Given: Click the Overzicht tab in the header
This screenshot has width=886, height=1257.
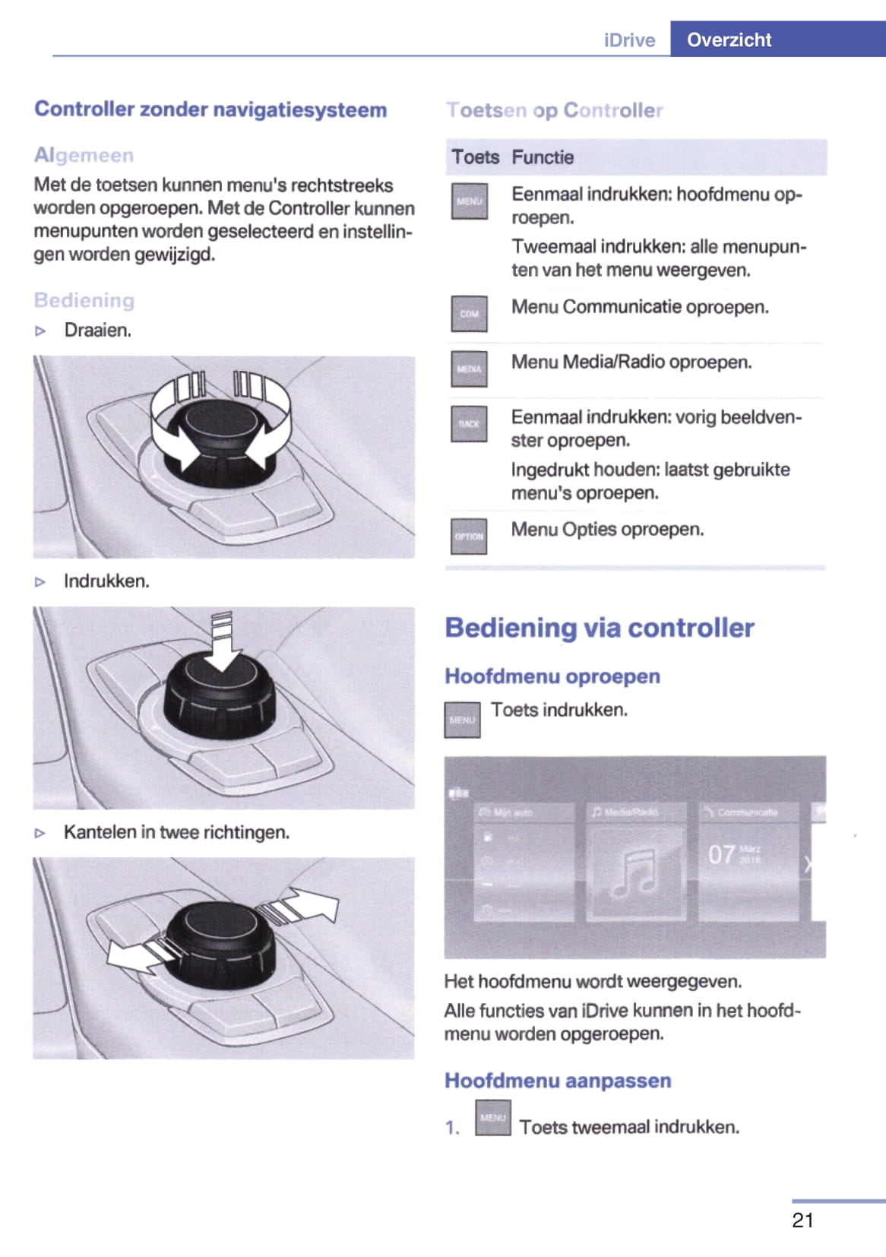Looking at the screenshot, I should point(729,40).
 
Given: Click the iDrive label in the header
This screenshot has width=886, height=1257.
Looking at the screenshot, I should point(629,40).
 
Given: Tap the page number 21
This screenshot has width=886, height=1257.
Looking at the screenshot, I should point(802,1220).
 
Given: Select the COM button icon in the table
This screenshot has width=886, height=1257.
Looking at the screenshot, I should point(469,313).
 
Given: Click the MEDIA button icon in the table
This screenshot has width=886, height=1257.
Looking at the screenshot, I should point(469,369).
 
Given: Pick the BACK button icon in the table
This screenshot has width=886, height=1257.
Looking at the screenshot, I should point(469,424).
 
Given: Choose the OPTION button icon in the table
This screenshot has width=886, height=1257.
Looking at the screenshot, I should point(469,536).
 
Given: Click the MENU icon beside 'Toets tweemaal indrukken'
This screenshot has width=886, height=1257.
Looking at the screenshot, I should point(493,1118).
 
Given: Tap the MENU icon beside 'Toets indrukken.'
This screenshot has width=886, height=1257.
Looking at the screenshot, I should point(462,720).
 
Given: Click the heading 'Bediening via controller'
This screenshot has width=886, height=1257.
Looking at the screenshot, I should point(599,628).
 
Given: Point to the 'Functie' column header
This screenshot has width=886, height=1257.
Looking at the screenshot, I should point(543,157).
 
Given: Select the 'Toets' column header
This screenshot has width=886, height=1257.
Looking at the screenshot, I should point(475,157).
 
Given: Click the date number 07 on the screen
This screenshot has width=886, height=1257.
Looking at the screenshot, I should point(721,855).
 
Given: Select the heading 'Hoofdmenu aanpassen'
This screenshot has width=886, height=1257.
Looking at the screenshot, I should point(558,1081).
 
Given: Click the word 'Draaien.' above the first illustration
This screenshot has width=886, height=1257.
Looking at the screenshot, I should point(98,331).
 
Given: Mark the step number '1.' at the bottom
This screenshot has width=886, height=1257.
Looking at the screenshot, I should point(452,1128).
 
